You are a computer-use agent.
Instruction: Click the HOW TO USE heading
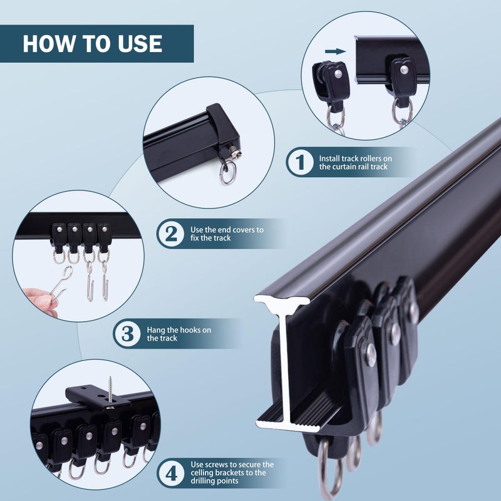93,43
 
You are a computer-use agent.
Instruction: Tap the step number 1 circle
300,162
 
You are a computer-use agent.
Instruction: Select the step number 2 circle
170,234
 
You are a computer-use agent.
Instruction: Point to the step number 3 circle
127,333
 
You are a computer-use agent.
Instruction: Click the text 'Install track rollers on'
355,158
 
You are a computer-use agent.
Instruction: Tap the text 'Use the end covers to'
227,230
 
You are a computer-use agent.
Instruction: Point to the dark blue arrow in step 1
336,52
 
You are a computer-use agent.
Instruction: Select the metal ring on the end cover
227,172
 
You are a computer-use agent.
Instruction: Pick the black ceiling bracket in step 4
94,396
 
